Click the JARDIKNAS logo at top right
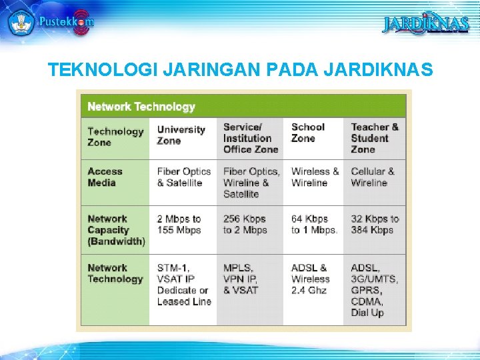[x=426, y=24]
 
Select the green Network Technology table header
[x=141, y=107]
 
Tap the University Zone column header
[x=181, y=135]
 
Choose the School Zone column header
[x=307, y=132]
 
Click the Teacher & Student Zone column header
[x=375, y=138]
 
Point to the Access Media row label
[x=105, y=177]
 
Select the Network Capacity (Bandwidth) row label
[x=115, y=230]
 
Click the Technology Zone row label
[x=115, y=137]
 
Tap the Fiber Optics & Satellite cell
[x=183, y=177]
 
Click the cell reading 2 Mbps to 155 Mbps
[x=179, y=225]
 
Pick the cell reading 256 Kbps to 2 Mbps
[x=245, y=225]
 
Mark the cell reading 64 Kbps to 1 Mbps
[x=314, y=225]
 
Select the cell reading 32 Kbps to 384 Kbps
[x=375, y=225]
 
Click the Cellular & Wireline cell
[x=373, y=177]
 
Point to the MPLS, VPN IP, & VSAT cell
[x=241, y=279]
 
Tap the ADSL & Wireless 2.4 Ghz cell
[x=311, y=279]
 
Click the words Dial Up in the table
[x=367, y=313]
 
